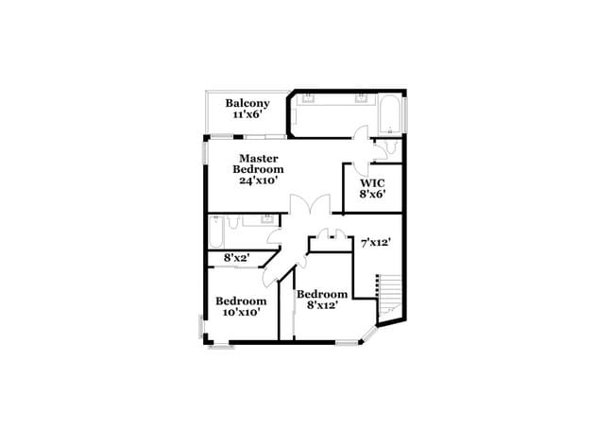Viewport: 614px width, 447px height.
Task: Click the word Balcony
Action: pyautogui.click(x=247, y=103)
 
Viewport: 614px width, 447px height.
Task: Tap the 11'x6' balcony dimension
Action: pyautogui.click(x=247, y=114)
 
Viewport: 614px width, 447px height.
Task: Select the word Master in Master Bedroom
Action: pyautogui.click(x=258, y=158)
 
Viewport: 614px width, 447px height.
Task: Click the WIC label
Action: pyautogui.click(x=371, y=182)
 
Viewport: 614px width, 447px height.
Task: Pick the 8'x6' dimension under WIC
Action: pyautogui.click(x=371, y=195)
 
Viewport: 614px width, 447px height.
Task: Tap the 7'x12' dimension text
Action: pyautogui.click(x=376, y=243)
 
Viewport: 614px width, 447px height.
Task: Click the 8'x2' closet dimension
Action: pyautogui.click(x=236, y=257)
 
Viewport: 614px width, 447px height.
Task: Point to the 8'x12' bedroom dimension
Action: pyautogui.click(x=324, y=306)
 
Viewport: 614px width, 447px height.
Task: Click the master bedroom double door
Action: pyautogui.click(x=309, y=208)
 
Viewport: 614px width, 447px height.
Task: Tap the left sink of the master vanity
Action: pyautogui.click(x=307, y=96)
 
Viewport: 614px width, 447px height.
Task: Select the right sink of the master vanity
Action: pyautogui.click(x=361, y=96)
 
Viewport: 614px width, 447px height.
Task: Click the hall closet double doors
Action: pyautogui.click(x=331, y=234)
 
